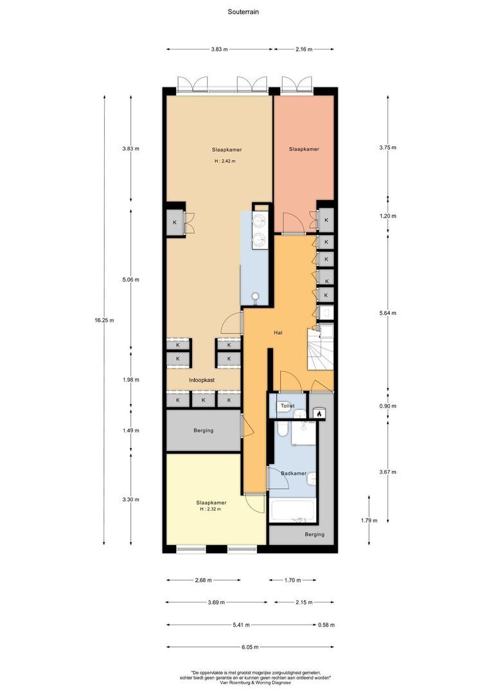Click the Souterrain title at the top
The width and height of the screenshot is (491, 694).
[244, 12]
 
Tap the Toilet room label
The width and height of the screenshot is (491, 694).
[287, 406]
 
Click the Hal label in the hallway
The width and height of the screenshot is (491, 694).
[278, 332]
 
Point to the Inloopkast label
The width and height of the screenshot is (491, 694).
[202, 380]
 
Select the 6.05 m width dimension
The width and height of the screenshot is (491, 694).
[249, 647]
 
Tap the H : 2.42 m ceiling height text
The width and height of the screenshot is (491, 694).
[225, 161]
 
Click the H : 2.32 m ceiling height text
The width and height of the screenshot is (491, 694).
[210, 509]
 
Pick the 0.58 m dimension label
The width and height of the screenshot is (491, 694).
[326, 625]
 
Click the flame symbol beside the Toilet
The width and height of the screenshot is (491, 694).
[318, 414]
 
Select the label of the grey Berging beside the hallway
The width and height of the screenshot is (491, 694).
[203, 431]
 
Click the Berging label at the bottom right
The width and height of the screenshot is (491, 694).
[314, 535]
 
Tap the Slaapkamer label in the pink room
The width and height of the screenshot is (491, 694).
[304, 149]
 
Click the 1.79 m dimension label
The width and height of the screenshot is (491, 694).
[369, 520]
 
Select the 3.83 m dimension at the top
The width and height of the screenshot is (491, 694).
[220, 49]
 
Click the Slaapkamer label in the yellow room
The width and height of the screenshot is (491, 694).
[211, 503]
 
